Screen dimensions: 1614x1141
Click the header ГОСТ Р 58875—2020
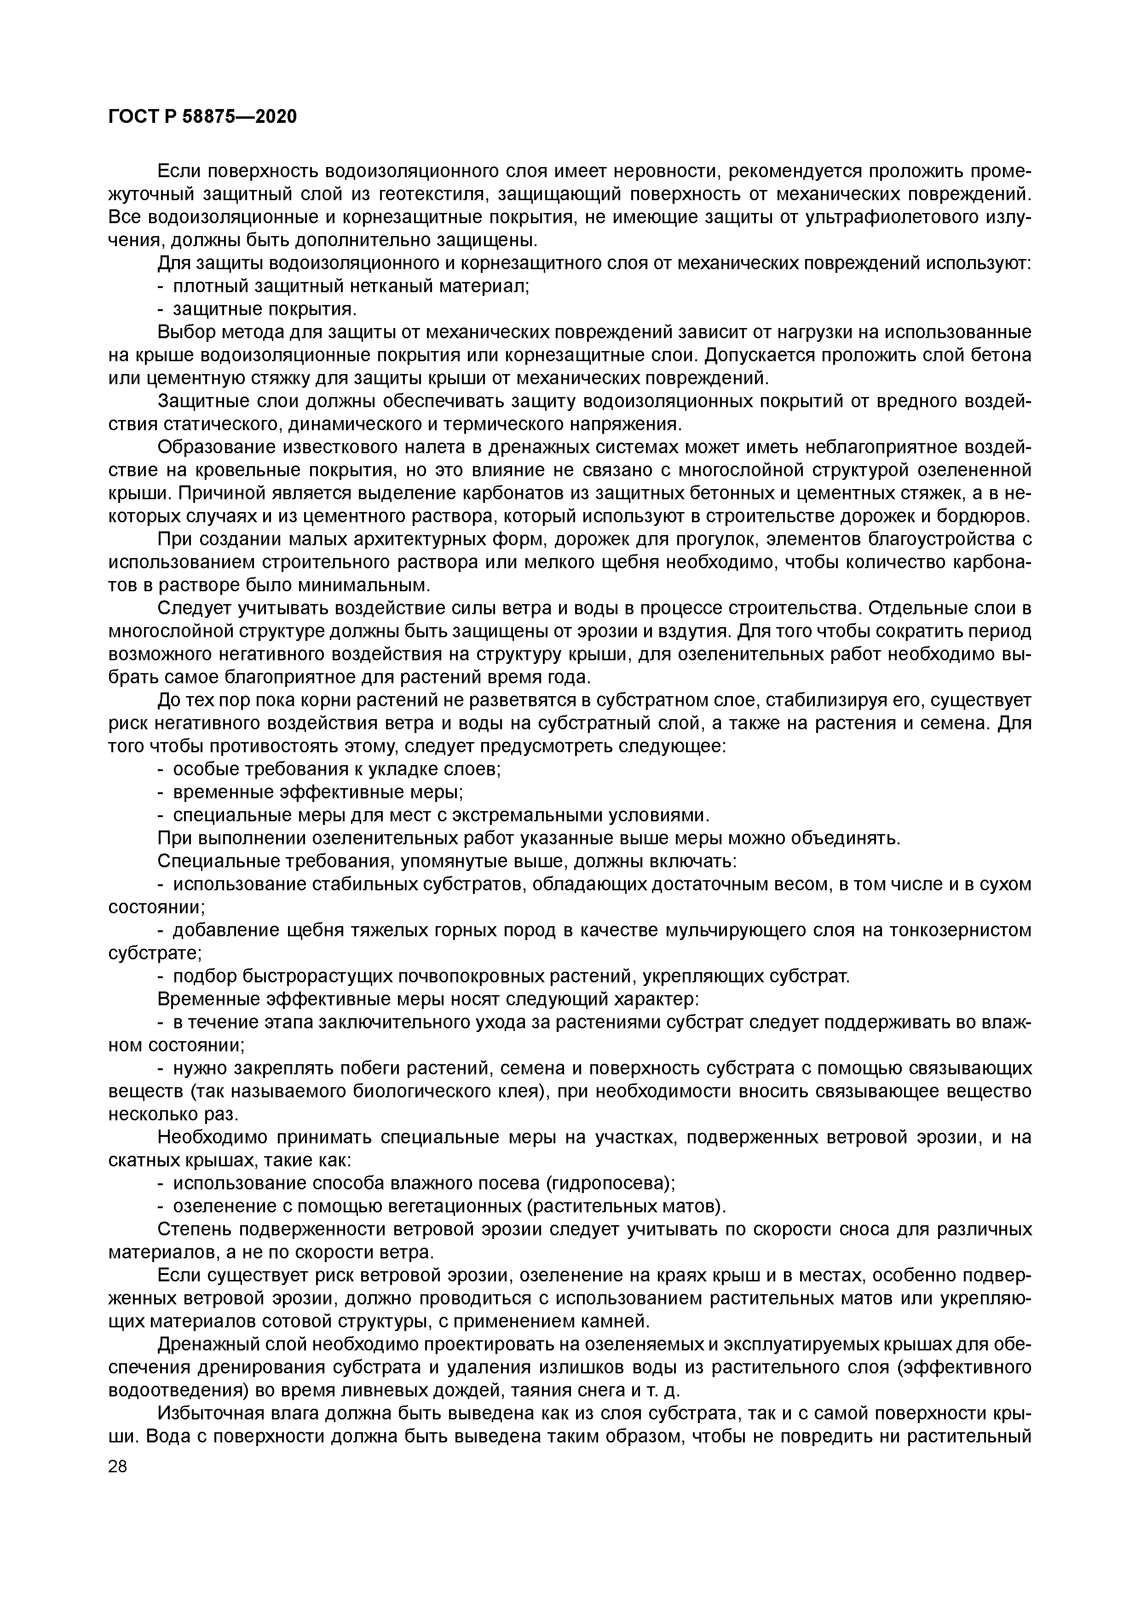202,117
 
